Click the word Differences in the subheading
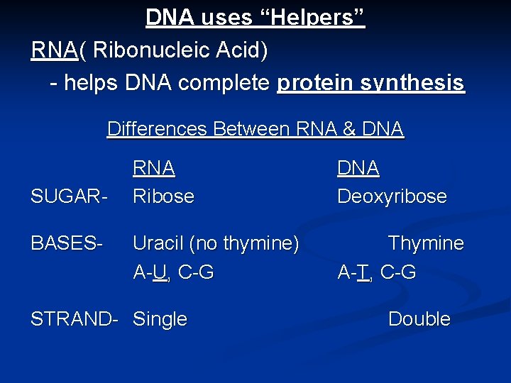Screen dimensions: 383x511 [157, 129]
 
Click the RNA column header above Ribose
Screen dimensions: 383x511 [154, 169]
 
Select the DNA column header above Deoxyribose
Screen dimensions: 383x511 [358, 169]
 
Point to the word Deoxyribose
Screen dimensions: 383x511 [392, 196]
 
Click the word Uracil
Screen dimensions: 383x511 [158, 244]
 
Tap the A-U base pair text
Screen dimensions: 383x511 [153, 272]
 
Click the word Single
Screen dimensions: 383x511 [160, 320]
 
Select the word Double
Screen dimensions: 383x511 [419, 320]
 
